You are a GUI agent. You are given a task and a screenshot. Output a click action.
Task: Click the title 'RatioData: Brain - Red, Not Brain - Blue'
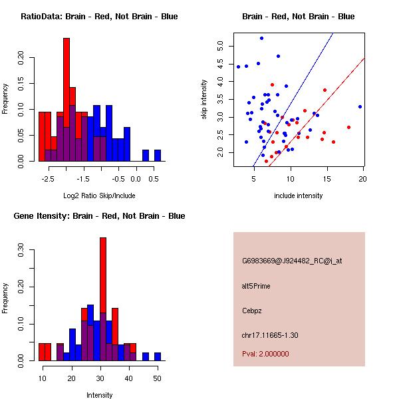[99, 17]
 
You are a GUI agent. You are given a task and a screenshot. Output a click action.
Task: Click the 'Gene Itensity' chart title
[99, 216]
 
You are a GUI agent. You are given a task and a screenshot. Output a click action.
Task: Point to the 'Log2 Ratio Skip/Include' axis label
[98, 196]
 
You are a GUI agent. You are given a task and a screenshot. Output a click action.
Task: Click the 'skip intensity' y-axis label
[205, 100]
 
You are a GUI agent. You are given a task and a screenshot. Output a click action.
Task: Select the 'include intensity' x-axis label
[299, 196]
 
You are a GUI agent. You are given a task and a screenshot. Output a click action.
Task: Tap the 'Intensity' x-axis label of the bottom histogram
[100, 395]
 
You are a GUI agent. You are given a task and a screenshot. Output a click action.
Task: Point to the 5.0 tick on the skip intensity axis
[221, 46]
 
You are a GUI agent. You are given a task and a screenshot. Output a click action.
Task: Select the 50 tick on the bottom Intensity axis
[157, 378]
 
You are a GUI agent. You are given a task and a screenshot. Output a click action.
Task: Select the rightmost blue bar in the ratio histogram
[158, 156]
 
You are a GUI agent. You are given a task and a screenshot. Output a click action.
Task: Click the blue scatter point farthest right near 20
[360, 106]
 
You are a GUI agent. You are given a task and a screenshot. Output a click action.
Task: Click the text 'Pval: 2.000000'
[265, 354]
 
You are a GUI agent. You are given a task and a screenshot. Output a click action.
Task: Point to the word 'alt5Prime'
[256, 286]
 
